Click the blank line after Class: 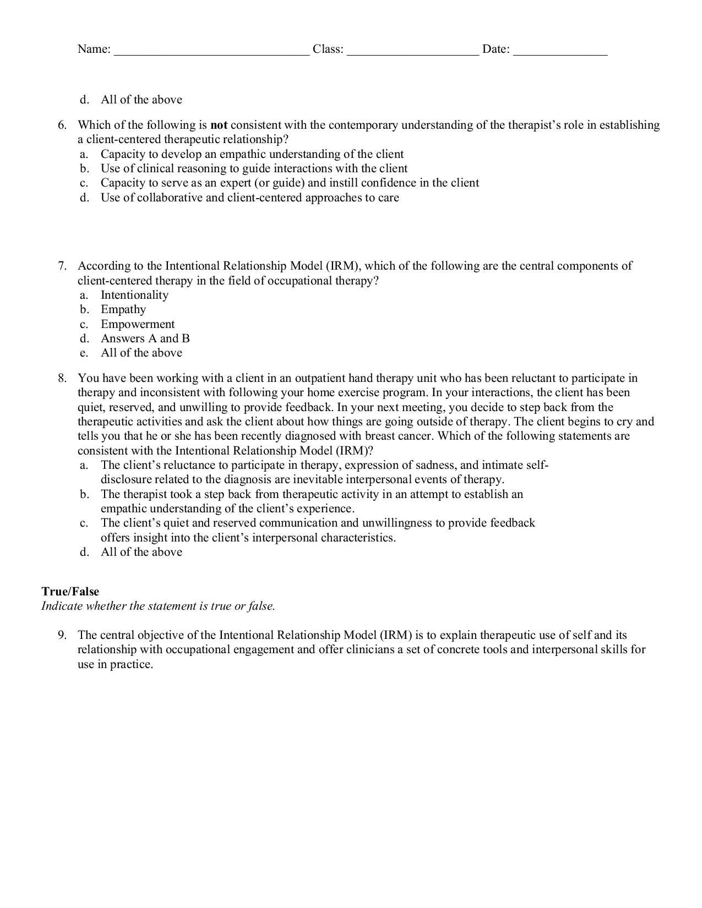coord(413,51)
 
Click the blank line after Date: coord(560,51)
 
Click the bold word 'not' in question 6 coord(219,125)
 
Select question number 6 coord(62,125)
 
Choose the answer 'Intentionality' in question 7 coord(134,295)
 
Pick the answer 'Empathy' coord(123,309)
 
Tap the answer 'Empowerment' coord(138,324)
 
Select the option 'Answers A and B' coord(145,338)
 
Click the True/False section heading coord(70,592)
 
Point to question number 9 coord(62,635)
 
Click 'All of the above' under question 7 coord(142,353)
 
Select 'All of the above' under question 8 coord(142,552)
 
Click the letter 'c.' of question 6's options coord(84,183)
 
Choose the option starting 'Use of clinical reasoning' coord(254,168)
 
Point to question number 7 coord(62,266)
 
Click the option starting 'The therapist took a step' coord(312,494)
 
